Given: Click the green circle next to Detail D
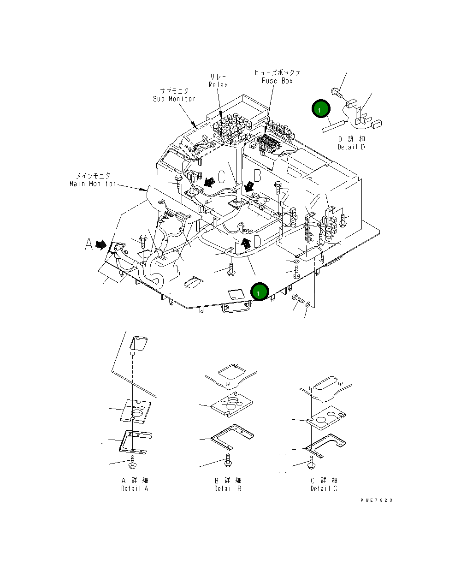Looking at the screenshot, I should click(x=321, y=109).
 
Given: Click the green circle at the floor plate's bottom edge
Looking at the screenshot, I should click(x=260, y=292).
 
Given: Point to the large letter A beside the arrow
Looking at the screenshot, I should click(x=89, y=245).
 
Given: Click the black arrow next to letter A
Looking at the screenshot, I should click(x=101, y=245).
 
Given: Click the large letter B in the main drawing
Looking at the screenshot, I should click(x=258, y=176).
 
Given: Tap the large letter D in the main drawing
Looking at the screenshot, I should click(x=258, y=241).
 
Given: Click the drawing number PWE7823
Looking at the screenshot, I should click(x=377, y=500).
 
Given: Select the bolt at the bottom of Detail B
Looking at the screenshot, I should click(x=227, y=459).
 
